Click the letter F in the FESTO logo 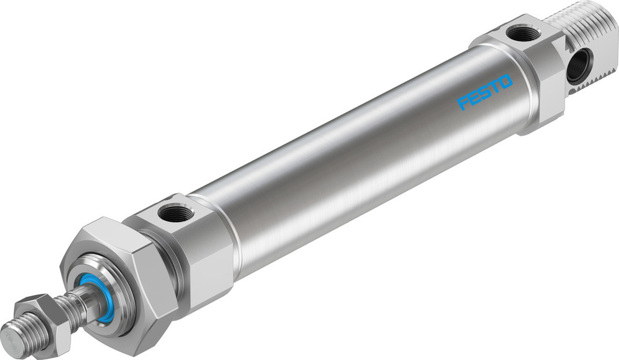[x=463, y=103]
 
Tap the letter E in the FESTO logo [x=474, y=97]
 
